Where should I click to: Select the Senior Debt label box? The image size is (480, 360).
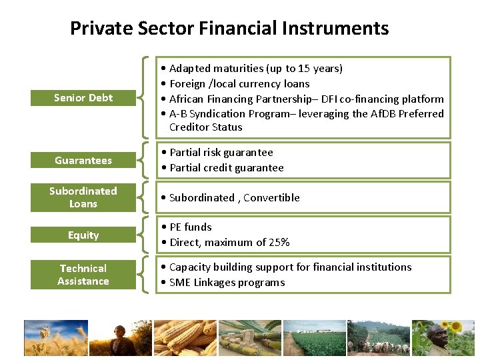[83, 98]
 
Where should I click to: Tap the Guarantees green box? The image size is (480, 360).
[83, 161]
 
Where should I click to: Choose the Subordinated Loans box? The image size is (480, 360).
[83, 197]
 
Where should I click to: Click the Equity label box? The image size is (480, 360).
[83, 235]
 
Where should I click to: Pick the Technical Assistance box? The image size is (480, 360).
[83, 275]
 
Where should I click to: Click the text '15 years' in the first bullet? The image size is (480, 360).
[319, 68]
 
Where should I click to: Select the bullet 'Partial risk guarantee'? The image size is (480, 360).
[221, 153]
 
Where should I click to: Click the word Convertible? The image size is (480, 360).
[271, 198]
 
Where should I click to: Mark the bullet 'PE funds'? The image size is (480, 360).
[190, 227]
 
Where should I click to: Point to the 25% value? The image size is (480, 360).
[278, 243]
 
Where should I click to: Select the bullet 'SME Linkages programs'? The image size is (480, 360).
[227, 283]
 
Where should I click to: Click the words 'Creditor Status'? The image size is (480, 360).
[205, 127]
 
